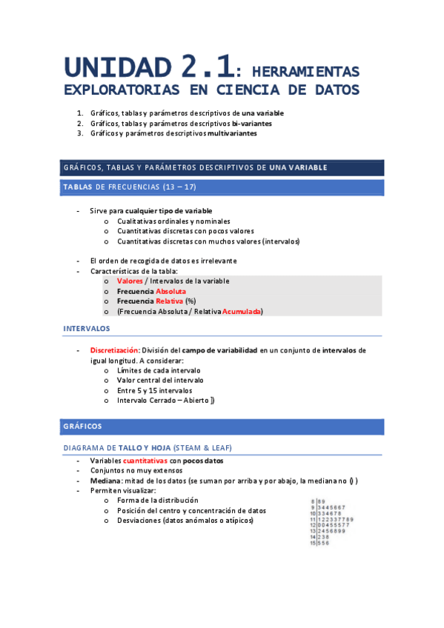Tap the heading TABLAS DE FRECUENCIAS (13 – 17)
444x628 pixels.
[129, 187]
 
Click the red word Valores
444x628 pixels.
[130, 281]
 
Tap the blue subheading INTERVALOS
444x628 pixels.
[87, 328]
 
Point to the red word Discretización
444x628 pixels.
[114, 350]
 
